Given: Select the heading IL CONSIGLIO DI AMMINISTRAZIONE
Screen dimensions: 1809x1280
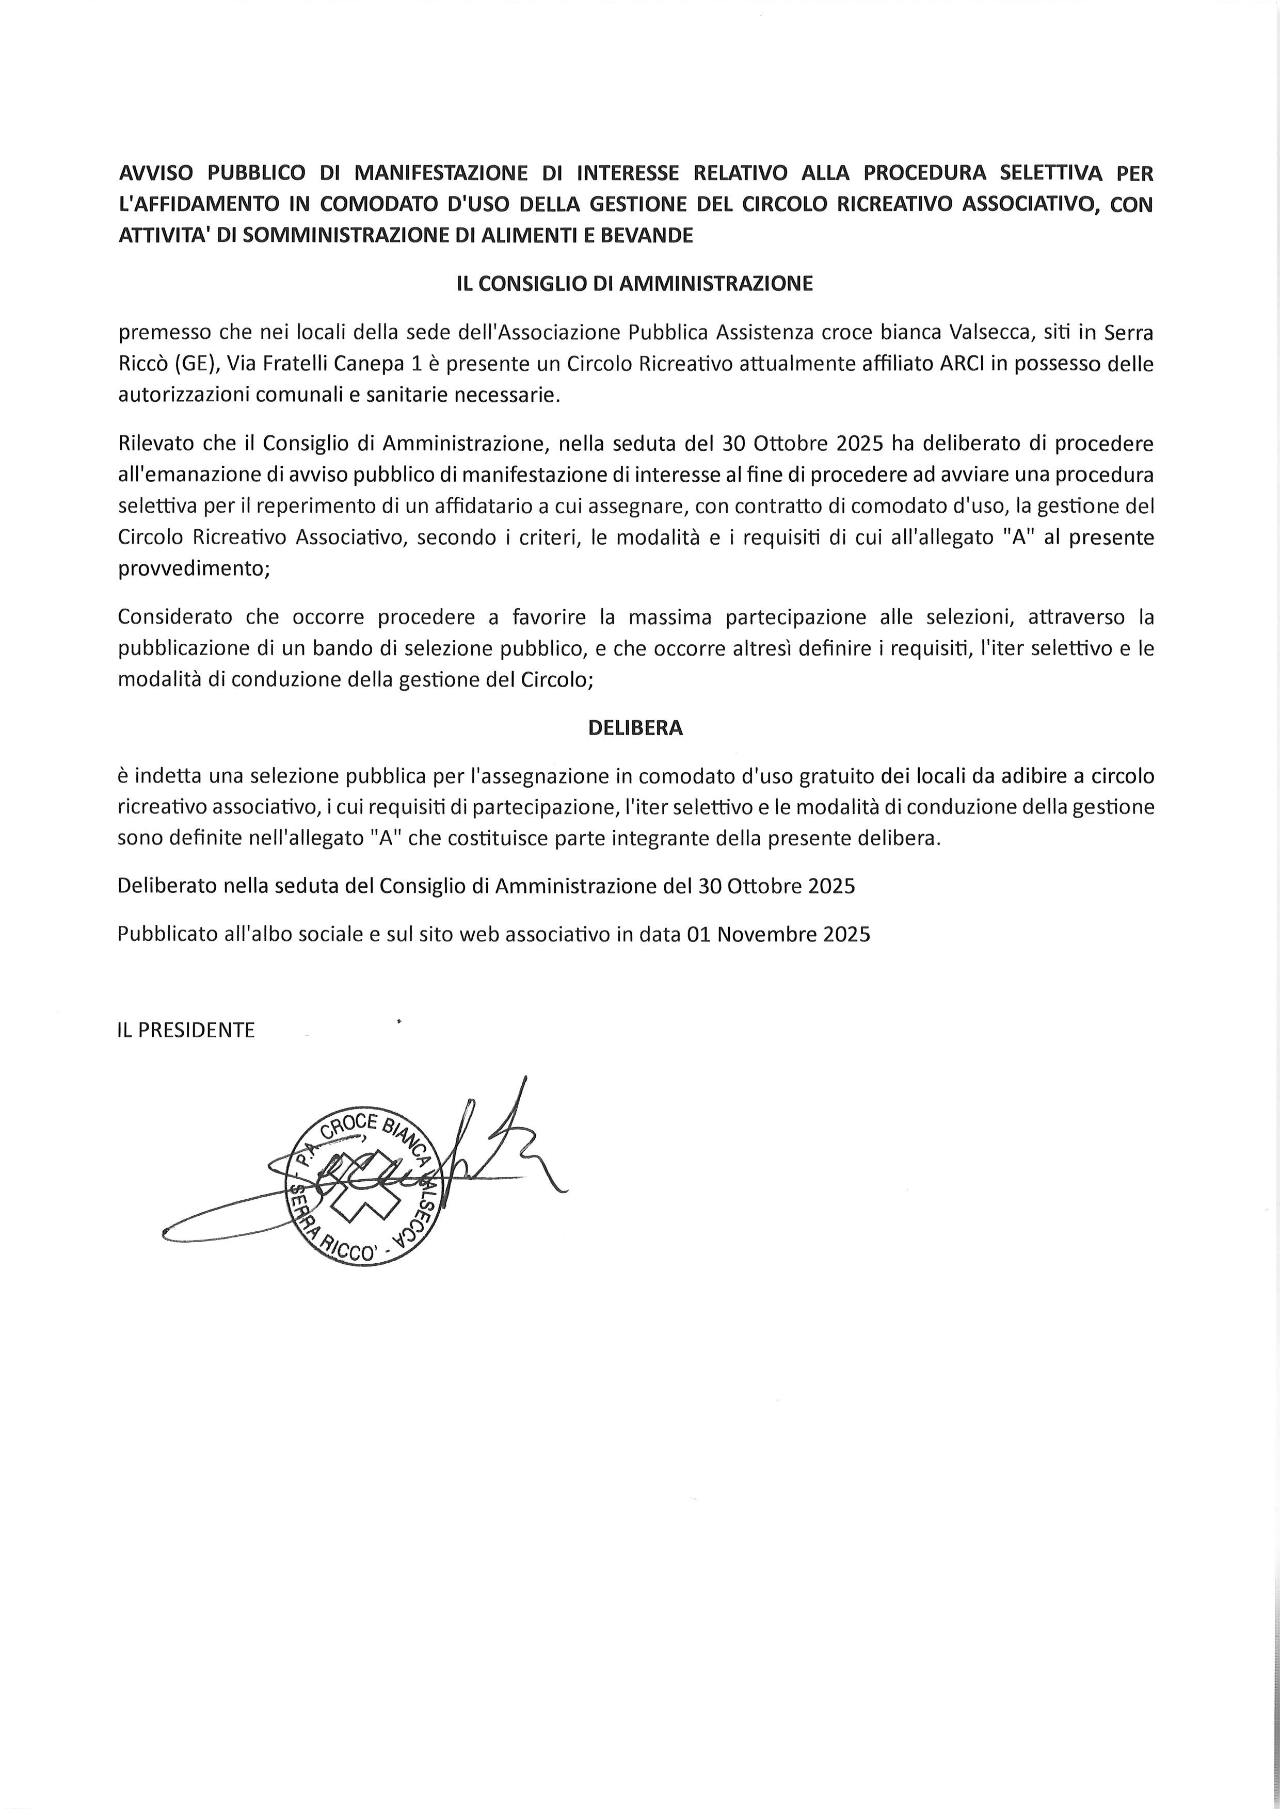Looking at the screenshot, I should (x=634, y=284).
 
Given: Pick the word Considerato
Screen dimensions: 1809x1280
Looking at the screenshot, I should (x=175, y=617).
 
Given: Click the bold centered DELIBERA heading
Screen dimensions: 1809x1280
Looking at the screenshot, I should (x=635, y=728).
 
